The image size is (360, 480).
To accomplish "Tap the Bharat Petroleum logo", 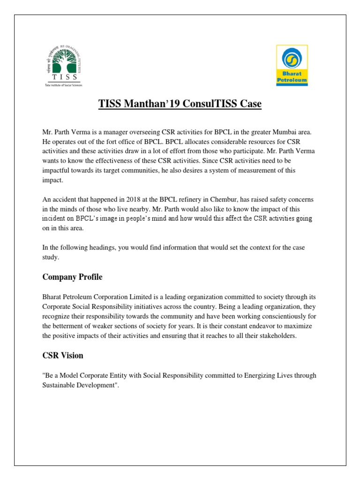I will pyautogui.click(x=291, y=65).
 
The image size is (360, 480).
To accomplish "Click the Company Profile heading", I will pyautogui.click(x=72, y=277).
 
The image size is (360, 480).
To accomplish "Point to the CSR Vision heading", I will pyautogui.click(x=63, y=355).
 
